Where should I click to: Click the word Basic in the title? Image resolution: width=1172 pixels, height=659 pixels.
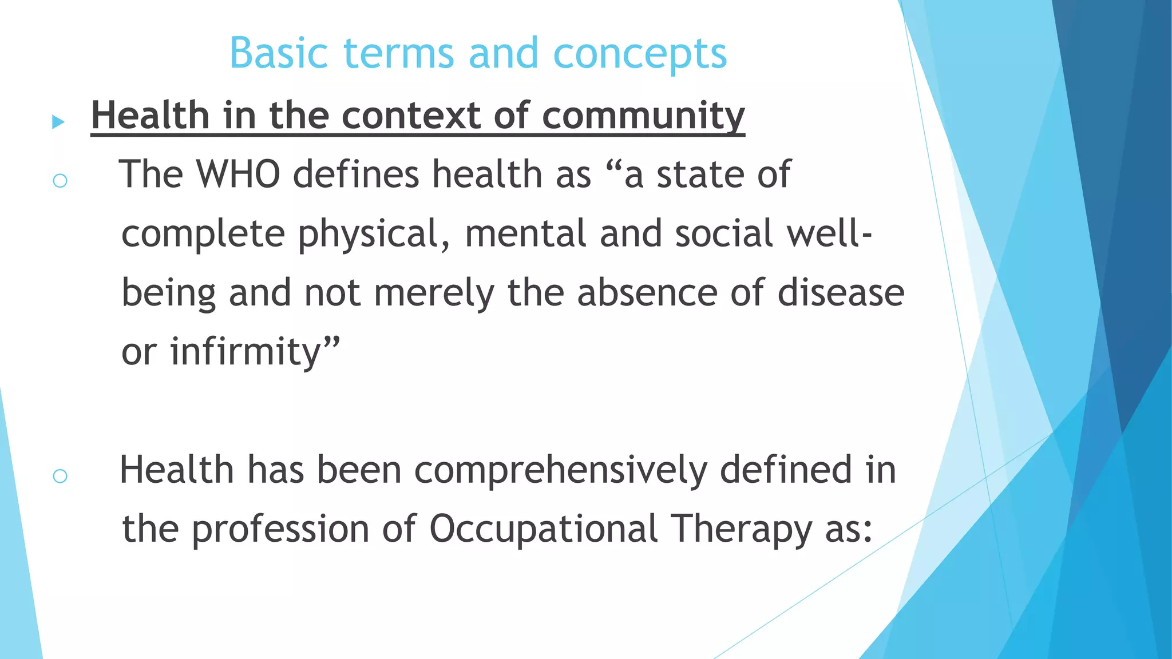[x=279, y=53]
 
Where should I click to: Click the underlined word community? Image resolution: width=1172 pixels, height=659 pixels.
[x=643, y=116]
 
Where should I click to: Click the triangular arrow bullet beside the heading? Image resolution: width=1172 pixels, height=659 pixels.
[x=58, y=121]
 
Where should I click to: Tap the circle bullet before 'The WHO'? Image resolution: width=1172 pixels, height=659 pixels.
[x=60, y=181]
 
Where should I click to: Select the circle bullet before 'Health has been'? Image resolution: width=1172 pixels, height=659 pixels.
[x=60, y=476]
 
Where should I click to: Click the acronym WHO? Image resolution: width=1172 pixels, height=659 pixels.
[x=238, y=174]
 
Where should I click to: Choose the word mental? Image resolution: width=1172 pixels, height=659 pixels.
[x=525, y=233]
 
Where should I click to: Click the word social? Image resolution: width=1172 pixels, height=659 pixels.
[x=724, y=233]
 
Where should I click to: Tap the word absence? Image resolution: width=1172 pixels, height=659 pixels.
[x=647, y=292]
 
